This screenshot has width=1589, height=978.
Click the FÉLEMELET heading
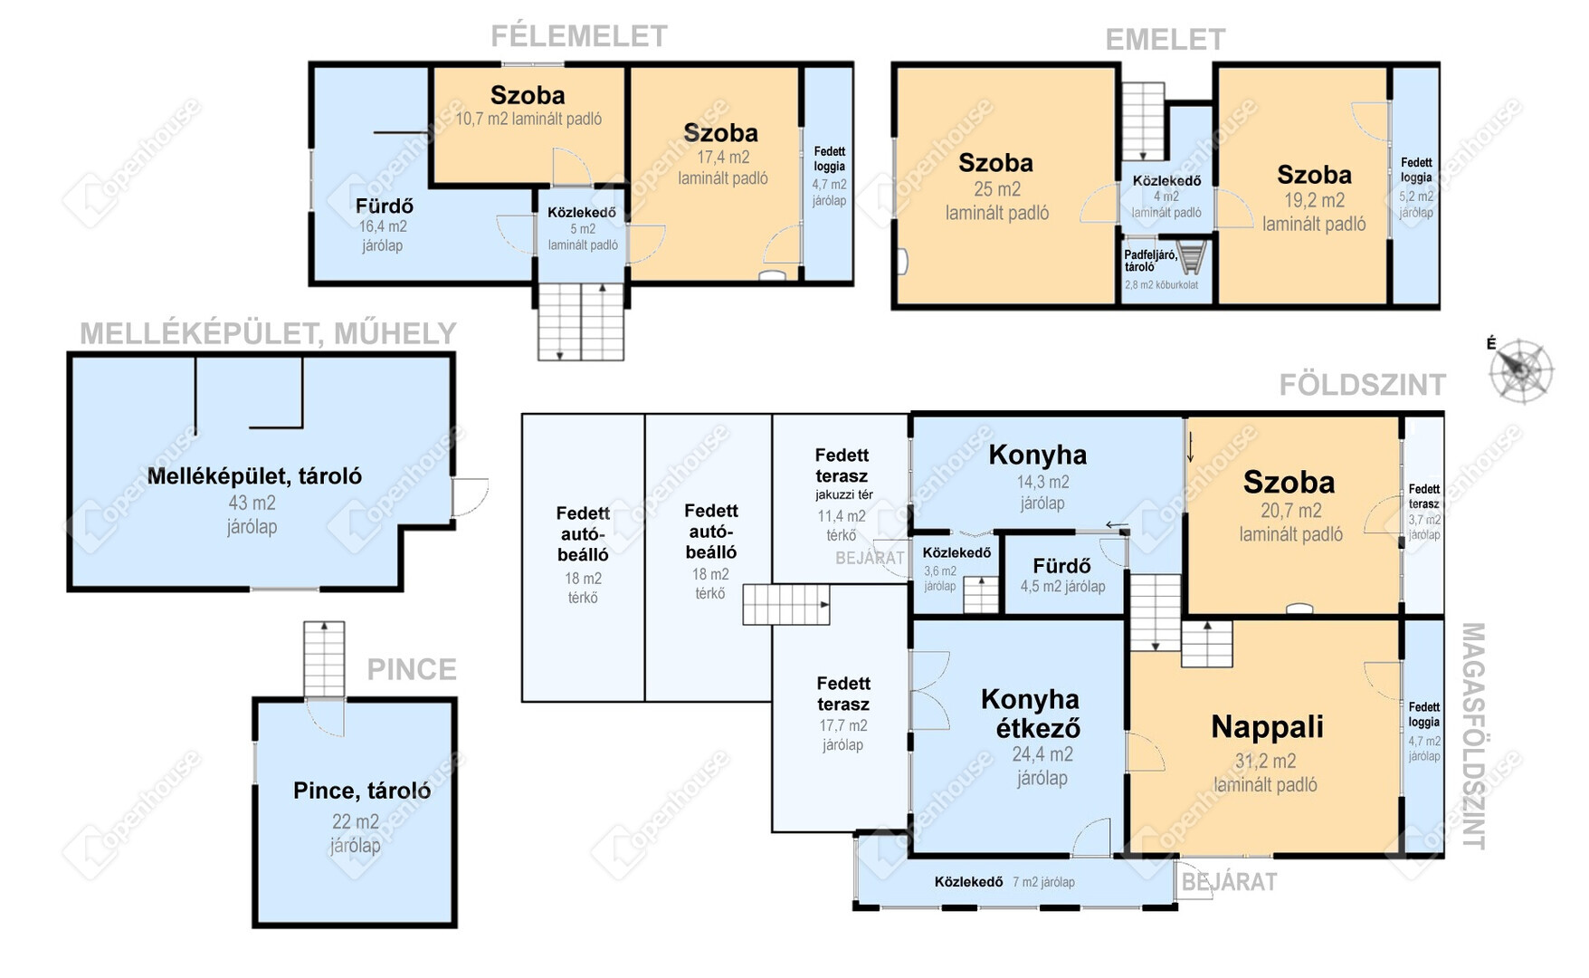(579, 36)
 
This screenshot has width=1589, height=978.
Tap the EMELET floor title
(1166, 40)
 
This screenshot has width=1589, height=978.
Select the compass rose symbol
(1521, 370)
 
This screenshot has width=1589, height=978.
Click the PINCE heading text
(412, 670)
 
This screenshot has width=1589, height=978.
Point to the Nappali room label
(1267, 726)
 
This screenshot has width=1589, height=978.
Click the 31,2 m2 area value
(1265, 762)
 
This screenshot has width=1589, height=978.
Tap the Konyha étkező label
(1031, 714)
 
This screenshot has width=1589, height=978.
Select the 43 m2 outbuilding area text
(252, 503)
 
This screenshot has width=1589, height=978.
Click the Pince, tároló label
(362, 791)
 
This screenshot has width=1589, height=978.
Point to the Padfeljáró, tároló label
(1150, 261)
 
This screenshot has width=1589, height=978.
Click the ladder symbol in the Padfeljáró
(1193, 256)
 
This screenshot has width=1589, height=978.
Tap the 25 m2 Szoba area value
(996, 189)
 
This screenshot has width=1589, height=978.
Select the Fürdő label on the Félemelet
(384, 206)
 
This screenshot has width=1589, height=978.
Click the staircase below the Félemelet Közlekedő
(581, 321)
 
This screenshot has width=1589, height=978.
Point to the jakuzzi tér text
(843, 494)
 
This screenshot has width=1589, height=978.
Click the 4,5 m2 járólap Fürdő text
(1062, 587)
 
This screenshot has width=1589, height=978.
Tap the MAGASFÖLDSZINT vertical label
(1473, 735)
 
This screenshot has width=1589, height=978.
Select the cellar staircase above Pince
(324, 660)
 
